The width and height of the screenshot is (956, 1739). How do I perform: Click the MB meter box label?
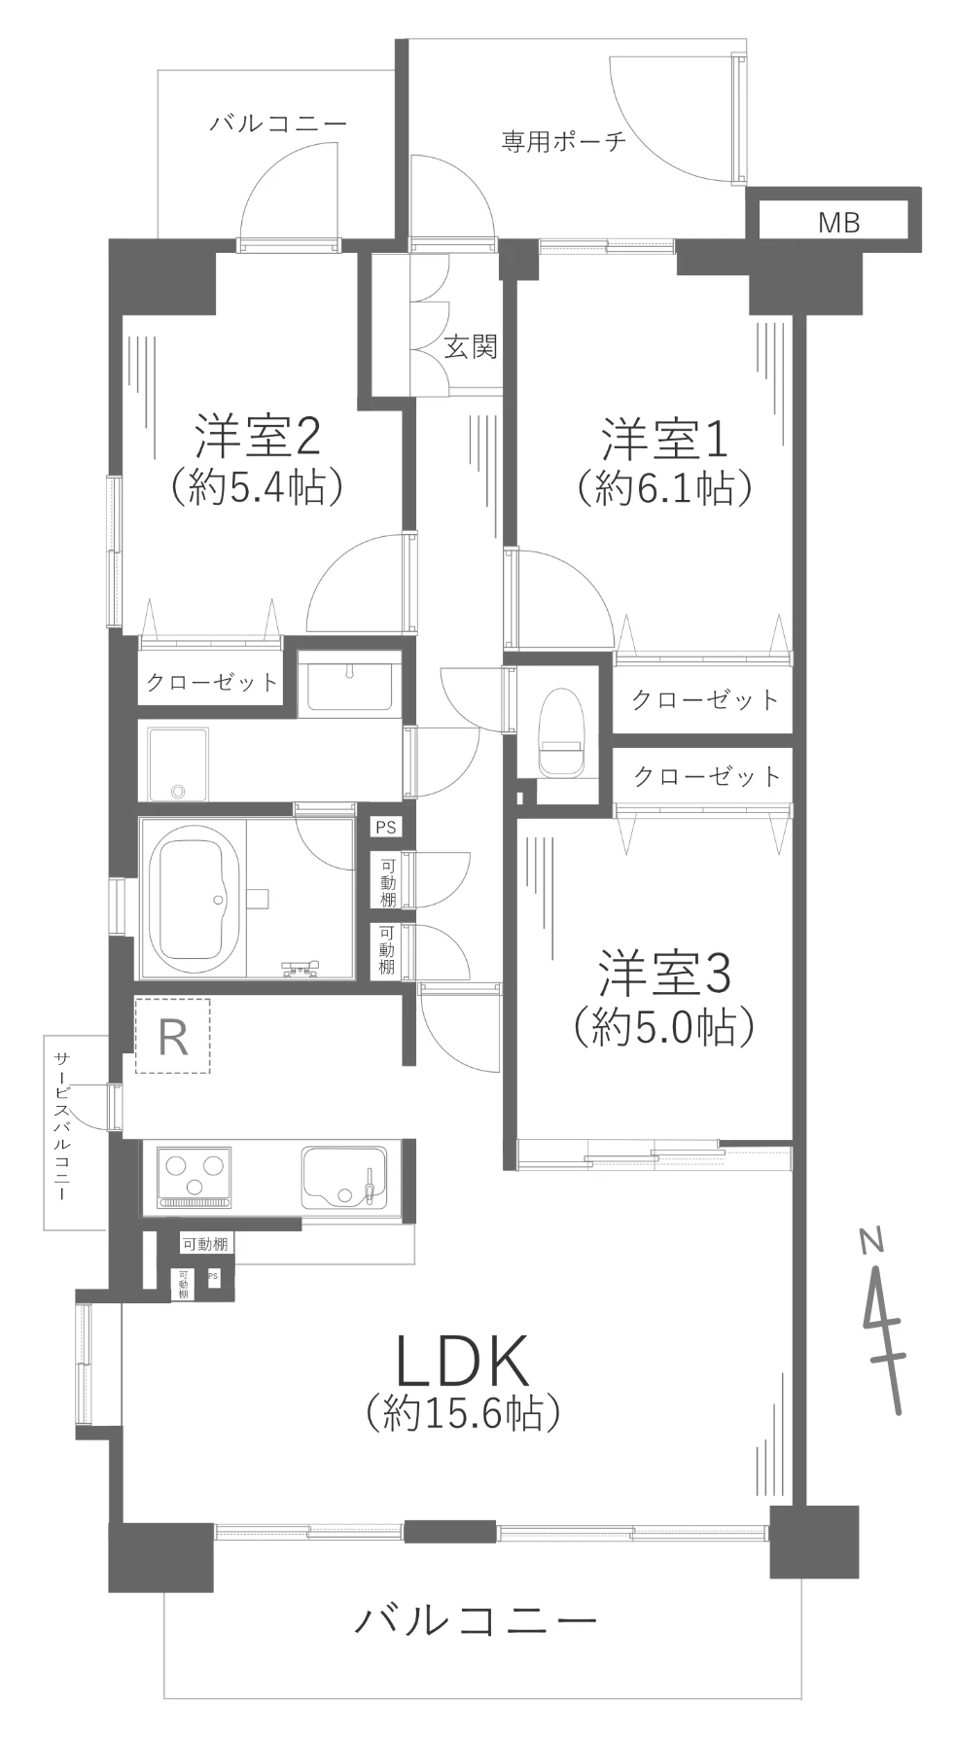pyautogui.click(x=838, y=223)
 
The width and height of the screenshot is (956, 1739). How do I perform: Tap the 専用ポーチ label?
pyautogui.click(x=564, y=142)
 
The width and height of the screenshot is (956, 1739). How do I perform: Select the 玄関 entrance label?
pyautogui.click(x=472, y=347)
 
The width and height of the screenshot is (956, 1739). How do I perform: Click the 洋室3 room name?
pyautogui.click(x=664, y=975)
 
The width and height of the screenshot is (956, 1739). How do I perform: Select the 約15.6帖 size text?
pyautogui.click(x=463, y=1411)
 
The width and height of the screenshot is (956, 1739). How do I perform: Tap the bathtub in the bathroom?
pyautogui.click(x=199, y=900)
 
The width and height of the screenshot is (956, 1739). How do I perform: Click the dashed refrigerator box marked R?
pyautogui.click(x=172, y=1037)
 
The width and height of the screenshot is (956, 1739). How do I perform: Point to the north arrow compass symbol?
pyautogui.click(x=883, y=1319)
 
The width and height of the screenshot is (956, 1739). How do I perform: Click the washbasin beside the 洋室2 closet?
pyautogui.click(x=348, y=683)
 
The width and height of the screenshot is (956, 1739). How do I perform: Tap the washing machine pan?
pyautogui.click(x=178, y=764)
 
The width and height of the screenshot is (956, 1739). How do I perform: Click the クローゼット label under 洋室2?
pyautogui.click(x=212, y=683)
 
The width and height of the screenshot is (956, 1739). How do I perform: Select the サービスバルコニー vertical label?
pyautogui.click(x=61, y=1126)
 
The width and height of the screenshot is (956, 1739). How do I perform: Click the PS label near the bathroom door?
pyautogui.click(x=386, y=828)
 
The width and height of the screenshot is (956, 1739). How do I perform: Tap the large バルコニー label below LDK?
pyautogui.click(x=476, y=1619)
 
